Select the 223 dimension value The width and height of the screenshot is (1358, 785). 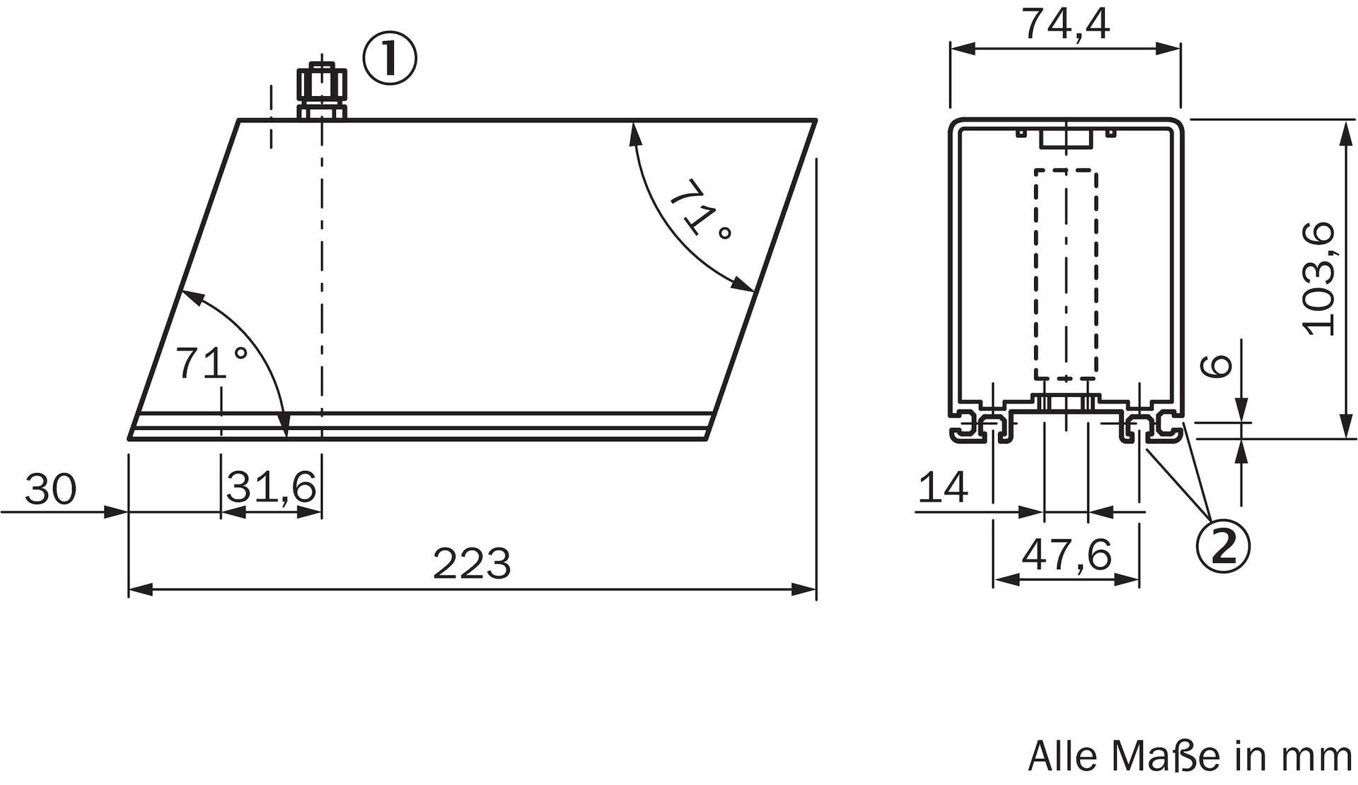(472, 564)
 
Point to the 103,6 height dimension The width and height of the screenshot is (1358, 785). (1318, 279)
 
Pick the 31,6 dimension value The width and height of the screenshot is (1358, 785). (271, 487)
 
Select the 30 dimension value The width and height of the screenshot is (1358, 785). (50, 489)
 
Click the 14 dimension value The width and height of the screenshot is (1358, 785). (944, 487)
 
